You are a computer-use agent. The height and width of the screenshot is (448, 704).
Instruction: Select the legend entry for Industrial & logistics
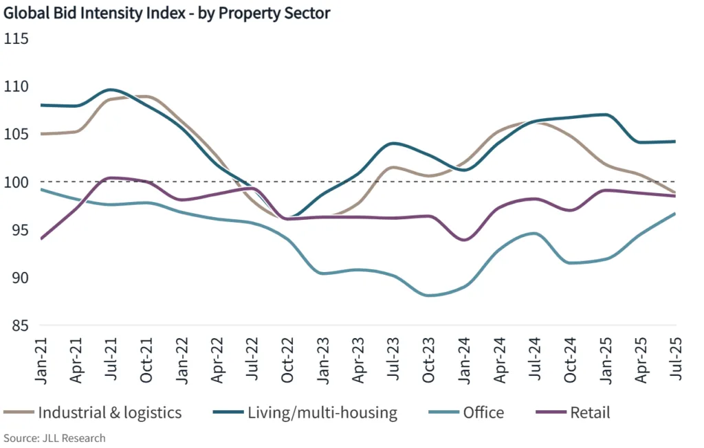click(x=93, y=412)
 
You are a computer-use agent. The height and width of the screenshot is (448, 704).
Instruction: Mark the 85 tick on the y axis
click(x=19, y=325)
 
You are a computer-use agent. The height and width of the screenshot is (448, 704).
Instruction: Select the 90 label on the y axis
click(x=19, y=278)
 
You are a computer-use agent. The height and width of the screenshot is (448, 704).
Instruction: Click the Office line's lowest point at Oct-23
click(x=430, y=295)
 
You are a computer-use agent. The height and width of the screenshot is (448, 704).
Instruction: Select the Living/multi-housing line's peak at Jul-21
click(x=112, y=89)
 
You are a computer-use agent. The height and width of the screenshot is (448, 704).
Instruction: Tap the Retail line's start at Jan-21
click(x=41, y=238)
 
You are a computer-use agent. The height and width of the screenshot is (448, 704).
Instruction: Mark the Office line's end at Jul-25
click(x=675, y=213)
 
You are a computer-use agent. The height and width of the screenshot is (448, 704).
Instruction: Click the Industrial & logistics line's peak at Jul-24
click(x=536, y=122)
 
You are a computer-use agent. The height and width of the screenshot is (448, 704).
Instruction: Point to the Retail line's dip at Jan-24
click(x=464, y=240)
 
